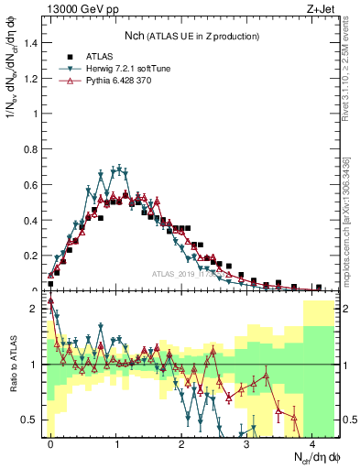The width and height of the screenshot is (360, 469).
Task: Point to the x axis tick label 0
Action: (50, 445)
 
